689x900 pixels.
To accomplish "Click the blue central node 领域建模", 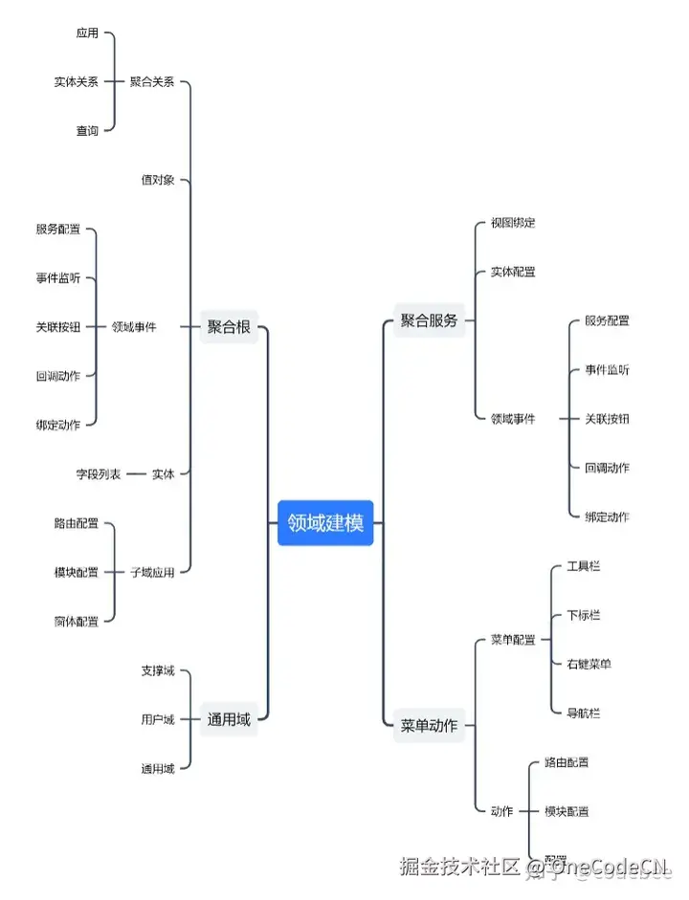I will click(x=325, y=523).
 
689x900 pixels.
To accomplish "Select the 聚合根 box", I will click(x=229, y=327).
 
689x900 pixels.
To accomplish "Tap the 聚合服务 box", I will click(x=429, y=320).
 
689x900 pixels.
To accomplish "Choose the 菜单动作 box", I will click(x=429, y=724).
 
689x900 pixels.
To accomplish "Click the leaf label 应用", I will click(x=87, y=33).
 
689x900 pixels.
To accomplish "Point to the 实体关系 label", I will click(x=76, y=81).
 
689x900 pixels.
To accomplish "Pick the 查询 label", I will click(x=87, y=130).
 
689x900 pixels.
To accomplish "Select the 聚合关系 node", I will click(x=152, y=81).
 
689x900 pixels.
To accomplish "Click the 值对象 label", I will click(x=158, y=180).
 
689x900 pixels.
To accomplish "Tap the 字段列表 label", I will click(x=99, y=473).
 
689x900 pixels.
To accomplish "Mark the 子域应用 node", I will click(x=152, y=572).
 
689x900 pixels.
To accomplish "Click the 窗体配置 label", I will click(x=76, y=621).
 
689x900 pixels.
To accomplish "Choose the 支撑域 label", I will click(x=158, y=670).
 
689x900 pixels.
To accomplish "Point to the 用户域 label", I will click(x=158, y=718).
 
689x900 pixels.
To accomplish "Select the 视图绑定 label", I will click(x=513, y=223).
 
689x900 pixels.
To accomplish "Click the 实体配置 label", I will click(x=513, y=272).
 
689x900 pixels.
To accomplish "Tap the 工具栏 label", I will click(x=584, y=566).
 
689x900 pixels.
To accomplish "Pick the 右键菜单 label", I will click(x=589, y=664).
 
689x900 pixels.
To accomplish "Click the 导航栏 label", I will click(x=584, y=713).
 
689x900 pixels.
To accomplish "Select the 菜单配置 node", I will click(x=513, y=640).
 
